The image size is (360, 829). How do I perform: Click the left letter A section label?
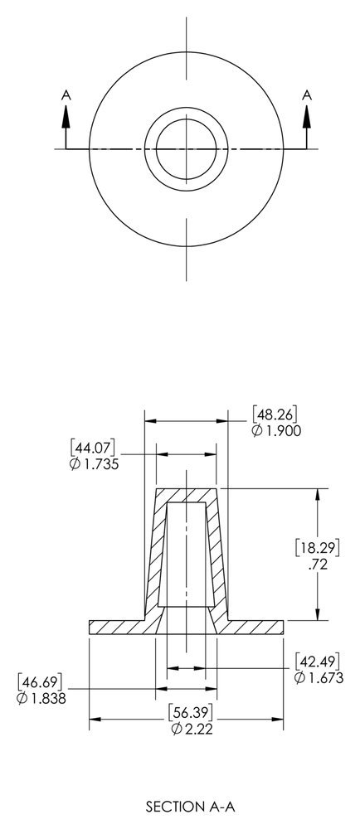pos(66,96)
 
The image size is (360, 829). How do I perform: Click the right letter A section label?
pos(307,96)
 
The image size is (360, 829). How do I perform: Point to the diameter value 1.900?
pos(277,431)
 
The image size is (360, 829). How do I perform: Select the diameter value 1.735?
pos(95,464)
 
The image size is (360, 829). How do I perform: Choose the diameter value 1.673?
pos(319,678)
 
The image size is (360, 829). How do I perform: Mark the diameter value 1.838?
pos(41,698)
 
